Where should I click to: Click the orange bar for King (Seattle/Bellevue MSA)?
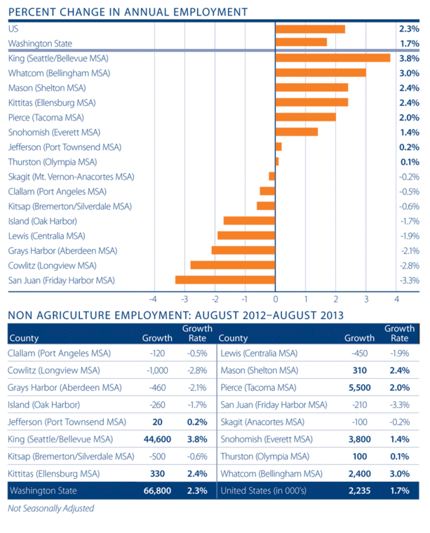click(x=333, y=58)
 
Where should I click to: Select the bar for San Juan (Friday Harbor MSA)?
click(x=225, y=280)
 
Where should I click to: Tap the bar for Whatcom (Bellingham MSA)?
click(x=321, y=73)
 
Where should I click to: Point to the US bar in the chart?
click(x=310, y=29)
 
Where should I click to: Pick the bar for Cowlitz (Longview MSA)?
click(x=233, y=265)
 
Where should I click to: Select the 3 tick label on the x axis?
click(x=366, y=297)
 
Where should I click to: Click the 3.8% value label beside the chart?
click(x=409, y=58)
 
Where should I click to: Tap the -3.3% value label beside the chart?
click(x=409, y=280)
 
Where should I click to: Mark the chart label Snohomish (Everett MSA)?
click(x=55, y=132)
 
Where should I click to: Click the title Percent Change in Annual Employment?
click(x=127, y=11)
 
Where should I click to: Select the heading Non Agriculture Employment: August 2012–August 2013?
click(x=175, y=315)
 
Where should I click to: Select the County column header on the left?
click(x=25, y=337)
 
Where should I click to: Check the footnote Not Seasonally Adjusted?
click(x=51, y=508)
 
